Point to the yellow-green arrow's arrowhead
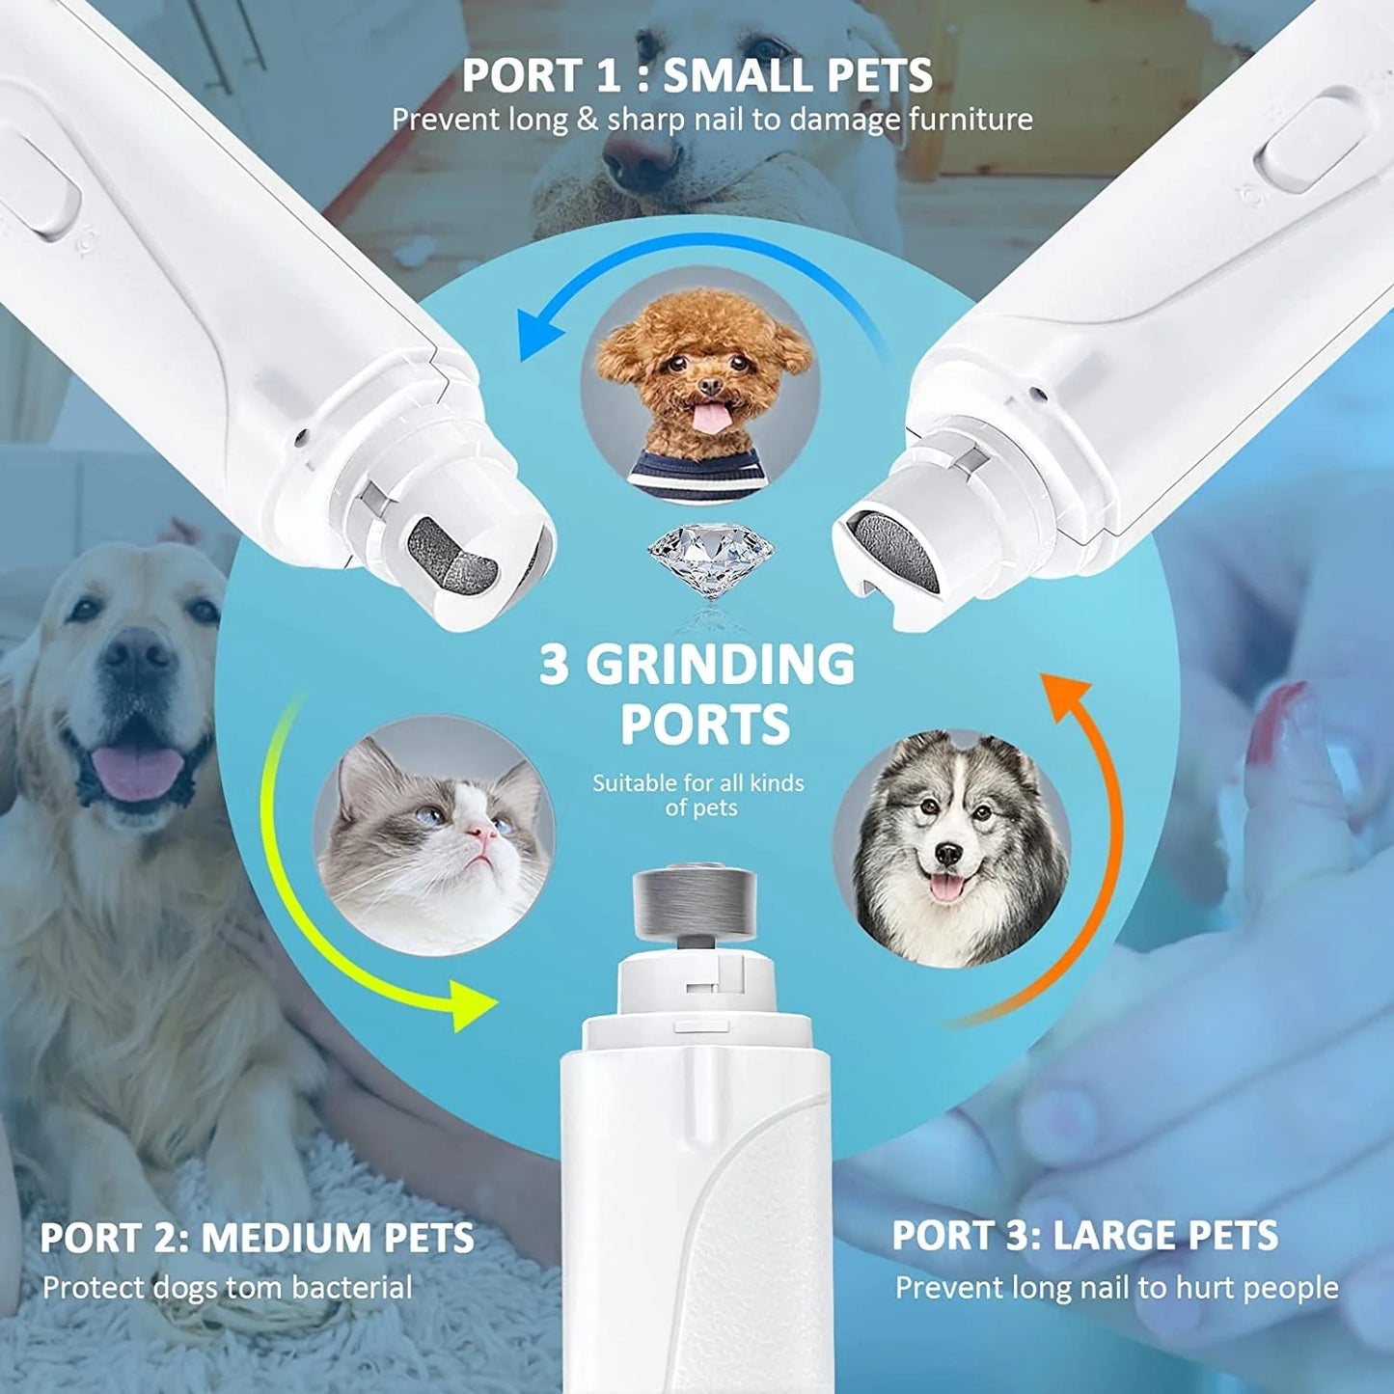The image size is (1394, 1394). pyautogui.click(x=474, y=1003)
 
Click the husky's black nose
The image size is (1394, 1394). pyautogui.click(x=948, y=854)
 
